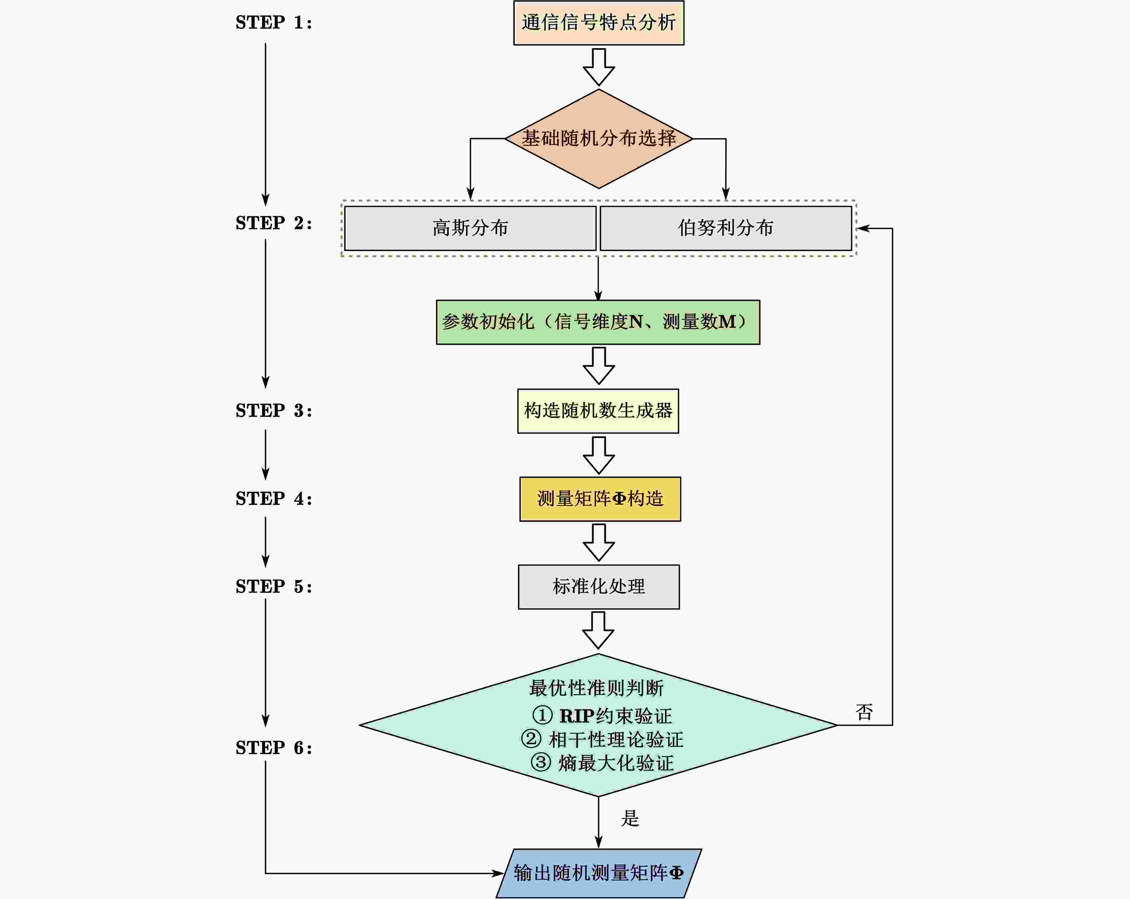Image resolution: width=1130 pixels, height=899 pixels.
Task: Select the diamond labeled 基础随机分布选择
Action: [x=598, y=138]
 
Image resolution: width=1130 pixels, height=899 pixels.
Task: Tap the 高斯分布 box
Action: [x=470, y=228]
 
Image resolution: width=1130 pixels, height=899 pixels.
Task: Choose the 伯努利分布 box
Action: [x=725, y=228]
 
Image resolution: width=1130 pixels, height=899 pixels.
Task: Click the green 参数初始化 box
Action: [x=598, y=322]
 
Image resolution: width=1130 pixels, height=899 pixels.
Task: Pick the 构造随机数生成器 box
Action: [x=598, y=411]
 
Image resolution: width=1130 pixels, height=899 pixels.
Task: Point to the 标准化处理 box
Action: [x=598, y=587]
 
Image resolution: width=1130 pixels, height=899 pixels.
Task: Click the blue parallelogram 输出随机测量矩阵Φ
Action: [x=598, y=873]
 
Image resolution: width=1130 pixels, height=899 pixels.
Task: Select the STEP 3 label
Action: [x=274, y=411]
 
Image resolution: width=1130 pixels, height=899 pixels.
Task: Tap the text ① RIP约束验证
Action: [x=602, y=715]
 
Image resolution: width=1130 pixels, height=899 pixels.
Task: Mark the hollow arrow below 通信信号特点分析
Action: [x=598, y=67]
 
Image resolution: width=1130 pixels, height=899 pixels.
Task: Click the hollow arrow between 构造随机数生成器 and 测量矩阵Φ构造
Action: [x=598, y=455]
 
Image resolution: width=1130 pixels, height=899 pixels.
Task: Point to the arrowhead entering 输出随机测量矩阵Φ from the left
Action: [x=498, y=873]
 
